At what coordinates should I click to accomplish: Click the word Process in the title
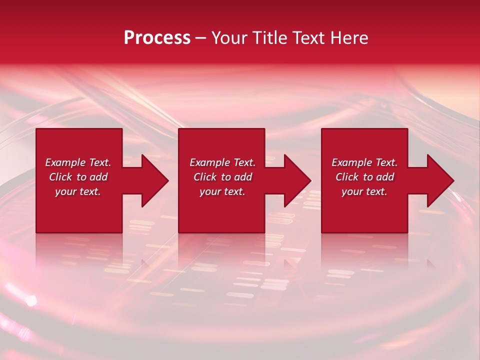pos(157,37)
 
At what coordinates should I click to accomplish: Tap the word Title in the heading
pos(273,38)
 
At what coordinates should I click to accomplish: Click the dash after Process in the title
pos(200,38)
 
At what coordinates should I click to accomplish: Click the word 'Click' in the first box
pos(60,177)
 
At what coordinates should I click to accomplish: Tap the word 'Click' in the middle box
pos(205,177)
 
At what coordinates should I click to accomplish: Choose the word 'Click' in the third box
pos(347,177)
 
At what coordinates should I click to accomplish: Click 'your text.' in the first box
pos(78,191)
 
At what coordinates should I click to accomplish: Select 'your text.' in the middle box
pos(222,191)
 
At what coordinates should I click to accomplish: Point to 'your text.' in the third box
pos(364,191)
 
